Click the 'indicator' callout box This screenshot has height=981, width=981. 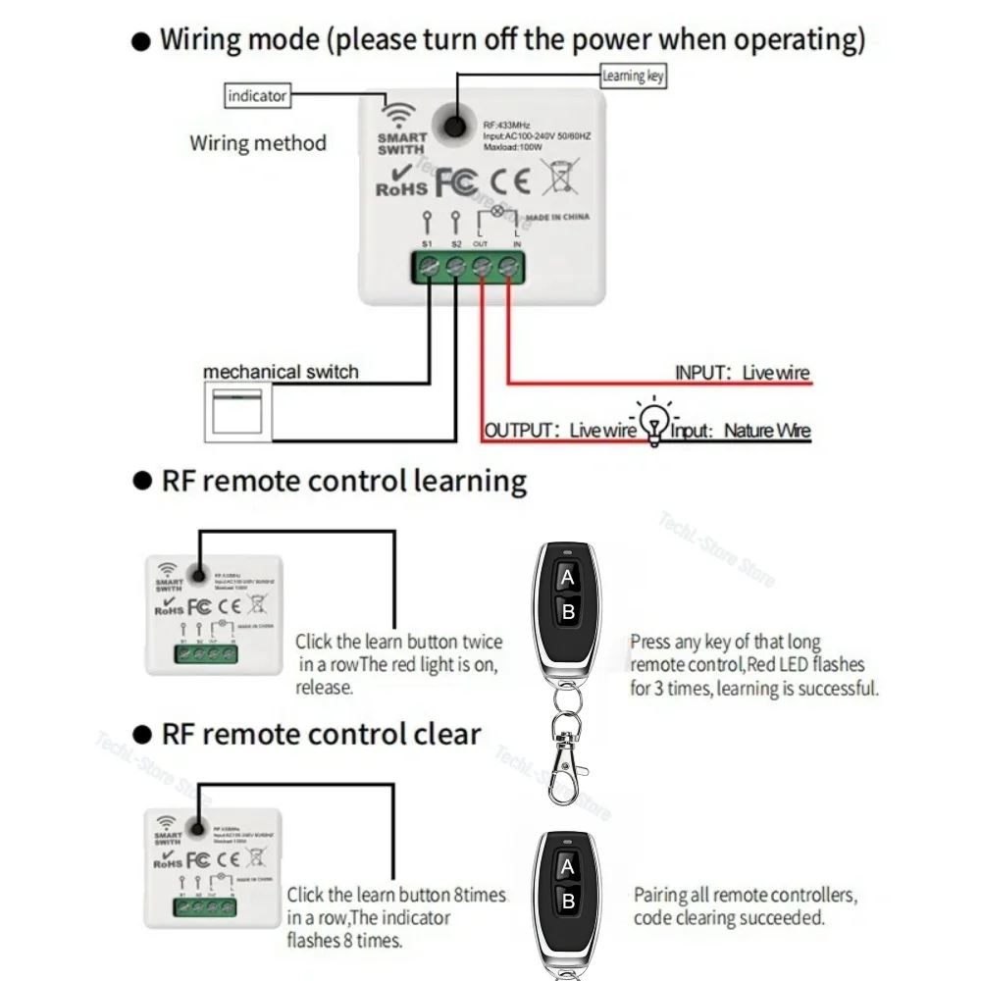pos(257,96)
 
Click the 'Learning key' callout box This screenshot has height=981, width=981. pos(633,76)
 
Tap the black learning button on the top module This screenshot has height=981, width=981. pos(453,125)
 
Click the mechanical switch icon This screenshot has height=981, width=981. pos(236,411)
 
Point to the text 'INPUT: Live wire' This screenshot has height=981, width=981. pos(742,373)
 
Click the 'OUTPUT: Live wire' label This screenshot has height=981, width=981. pos(560,431)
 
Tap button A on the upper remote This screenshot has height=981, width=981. pos(566,579)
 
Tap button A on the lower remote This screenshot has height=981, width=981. pos(566,867)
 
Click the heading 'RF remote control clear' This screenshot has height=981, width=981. pos(321,734)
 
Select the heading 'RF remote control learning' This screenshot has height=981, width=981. pos(343,481)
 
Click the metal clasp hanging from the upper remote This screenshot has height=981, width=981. pos(566,768)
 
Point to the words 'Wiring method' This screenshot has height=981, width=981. pos(257,143)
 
